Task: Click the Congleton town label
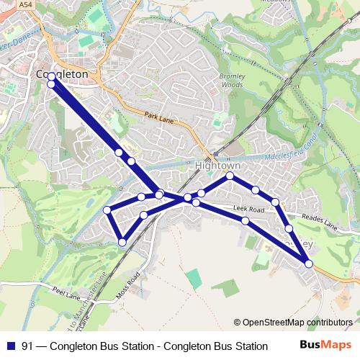(62, 74)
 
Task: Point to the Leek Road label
(249, 210)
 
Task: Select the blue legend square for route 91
(10, 346)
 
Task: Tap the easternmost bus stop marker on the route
(309, 264)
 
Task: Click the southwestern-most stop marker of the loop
(122, 242)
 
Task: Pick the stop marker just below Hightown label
(230, 176)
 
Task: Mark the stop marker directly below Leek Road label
(246, 220)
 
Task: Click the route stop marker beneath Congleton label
(51, 85)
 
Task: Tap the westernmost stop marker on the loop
(107, 210)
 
